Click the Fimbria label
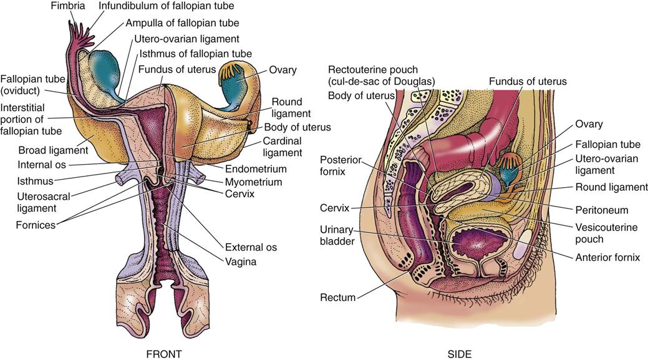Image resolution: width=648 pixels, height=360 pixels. click(x=68, y=6)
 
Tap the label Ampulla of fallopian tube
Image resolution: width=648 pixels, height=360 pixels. click(x=173, y=22)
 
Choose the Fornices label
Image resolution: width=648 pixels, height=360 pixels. click(x=36, y=224)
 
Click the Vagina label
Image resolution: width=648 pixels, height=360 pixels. click(x=241, y=262)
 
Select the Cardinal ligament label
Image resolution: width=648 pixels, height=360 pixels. click(x=282, y=147)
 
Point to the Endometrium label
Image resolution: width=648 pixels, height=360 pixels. click(x=255, y=168)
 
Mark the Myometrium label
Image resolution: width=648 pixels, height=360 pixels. click(x=253, y=182)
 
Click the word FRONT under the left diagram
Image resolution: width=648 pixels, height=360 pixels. click(x=163, y=354)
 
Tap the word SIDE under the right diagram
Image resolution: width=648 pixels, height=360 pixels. click(x=460, y=354)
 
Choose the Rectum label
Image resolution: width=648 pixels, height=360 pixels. click(x=338, y=298)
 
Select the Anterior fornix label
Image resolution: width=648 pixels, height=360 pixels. click(x=610, y=256)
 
